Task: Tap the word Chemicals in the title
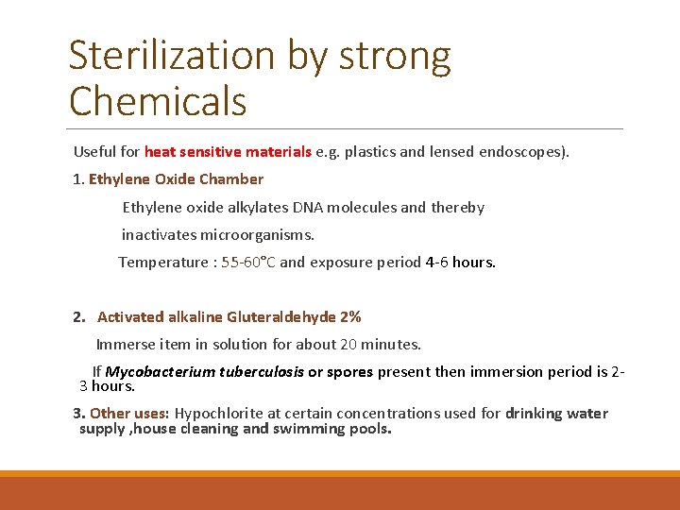[158, 100]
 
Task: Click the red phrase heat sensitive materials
[228, 152]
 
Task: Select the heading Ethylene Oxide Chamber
[176, 179]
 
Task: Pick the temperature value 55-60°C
[248, 262]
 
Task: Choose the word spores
[349, 372]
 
